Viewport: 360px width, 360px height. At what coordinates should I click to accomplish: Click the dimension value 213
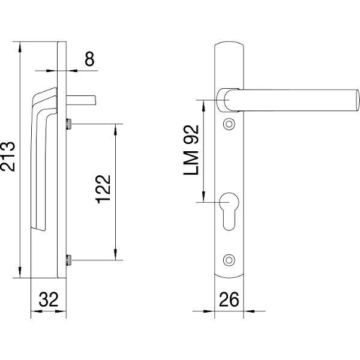click(8, 157)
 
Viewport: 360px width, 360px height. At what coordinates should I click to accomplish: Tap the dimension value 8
click(89, 59)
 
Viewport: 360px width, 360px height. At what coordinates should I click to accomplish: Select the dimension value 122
click(103, 190)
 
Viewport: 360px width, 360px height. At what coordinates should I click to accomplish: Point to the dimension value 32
click(49, 299)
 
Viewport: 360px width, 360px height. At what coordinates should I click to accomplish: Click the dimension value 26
click(229, 299)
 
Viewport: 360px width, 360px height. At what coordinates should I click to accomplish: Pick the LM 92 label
click(191, 150)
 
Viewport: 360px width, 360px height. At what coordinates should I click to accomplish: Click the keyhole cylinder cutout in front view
click(229, 211)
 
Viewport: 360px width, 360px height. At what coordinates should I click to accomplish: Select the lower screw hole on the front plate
click(229, 260)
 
